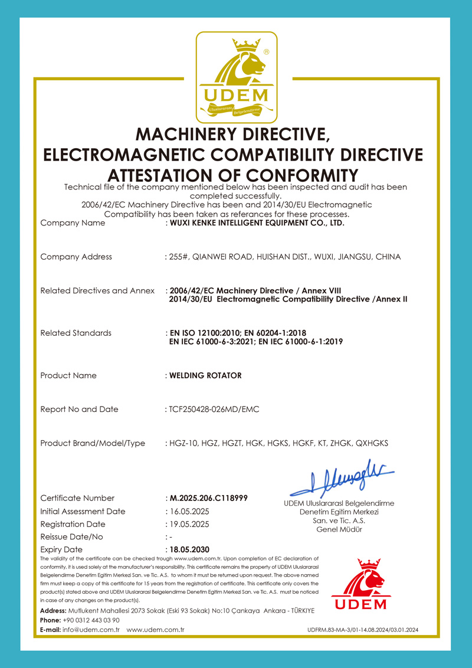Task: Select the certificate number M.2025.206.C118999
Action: tap(208, 498)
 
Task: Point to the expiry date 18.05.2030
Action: tap(189, 549)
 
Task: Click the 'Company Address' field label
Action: tap(76, 257)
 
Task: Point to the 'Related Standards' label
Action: tap(76, 333)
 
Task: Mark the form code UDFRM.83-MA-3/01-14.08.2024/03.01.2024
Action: tap(363, 630)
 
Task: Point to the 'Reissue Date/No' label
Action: tap(71, 537)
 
